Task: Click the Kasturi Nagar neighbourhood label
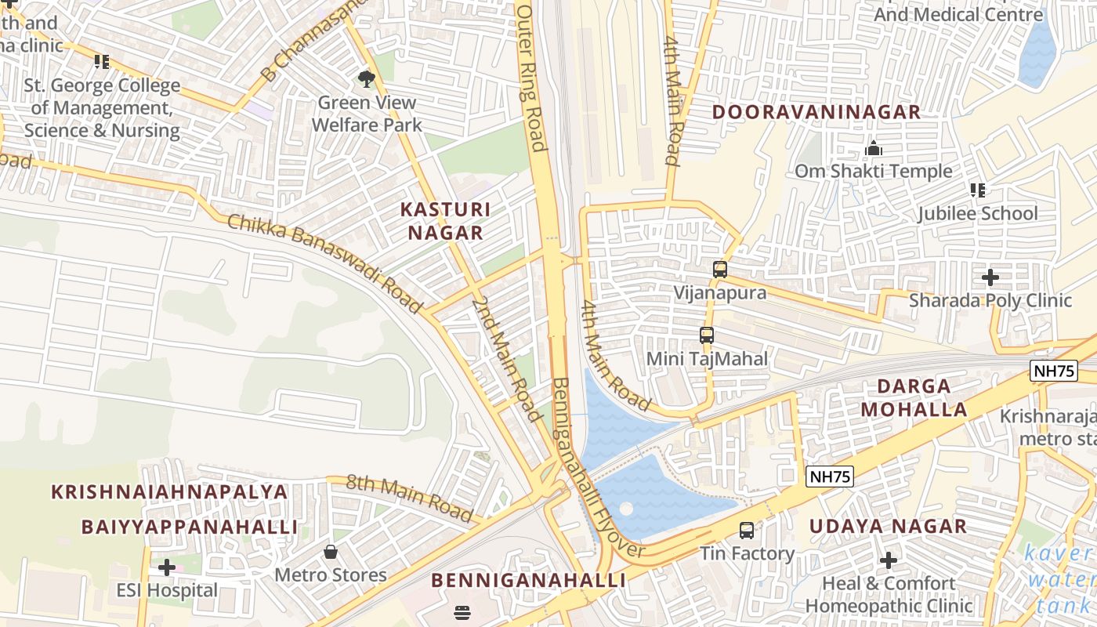pos(445,221)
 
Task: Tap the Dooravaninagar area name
pos(816,112)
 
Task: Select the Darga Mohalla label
pos(914,397)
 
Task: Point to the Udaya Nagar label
pos(888,527)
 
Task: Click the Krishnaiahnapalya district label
pos(170,492)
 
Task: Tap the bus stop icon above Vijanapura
pos(720,270)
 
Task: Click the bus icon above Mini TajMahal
pos(707,335)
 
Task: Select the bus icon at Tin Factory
pos(747,531)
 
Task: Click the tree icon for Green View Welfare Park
pos(366,78)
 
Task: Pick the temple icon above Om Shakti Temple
pos(874,148)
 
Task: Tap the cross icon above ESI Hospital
pos(167,567)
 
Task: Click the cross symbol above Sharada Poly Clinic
pos(990,277)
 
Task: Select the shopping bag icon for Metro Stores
pos(331,552)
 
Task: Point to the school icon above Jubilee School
pos(977,190)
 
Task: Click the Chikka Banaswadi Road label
pos(324,263)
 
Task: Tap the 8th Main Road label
pos(410,498)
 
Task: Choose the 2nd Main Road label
pos(507,358)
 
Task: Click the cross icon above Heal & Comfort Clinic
pos(889,560)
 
